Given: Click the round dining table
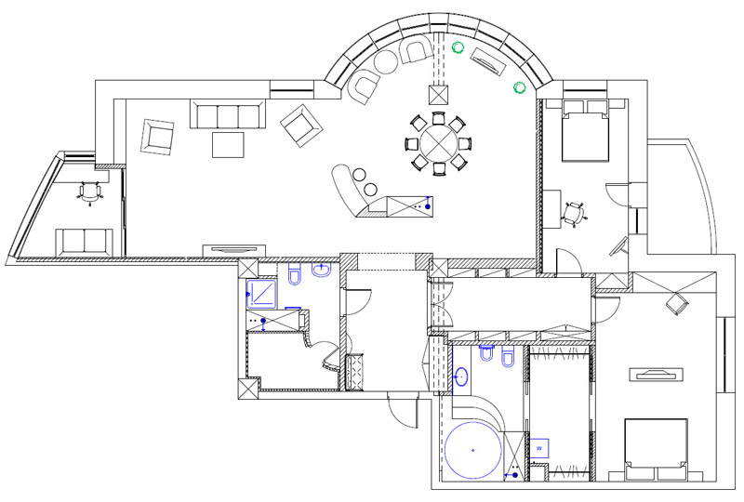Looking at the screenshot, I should [435, 143].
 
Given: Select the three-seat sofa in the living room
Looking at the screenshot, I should [224, 114].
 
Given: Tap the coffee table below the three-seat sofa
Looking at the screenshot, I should [228, 145].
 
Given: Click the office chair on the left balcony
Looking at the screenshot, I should [89, 192].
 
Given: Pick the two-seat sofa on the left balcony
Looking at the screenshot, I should [85, 240].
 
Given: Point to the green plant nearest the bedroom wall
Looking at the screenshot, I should [519, 87].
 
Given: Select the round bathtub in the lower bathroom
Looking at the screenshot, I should [472, 450].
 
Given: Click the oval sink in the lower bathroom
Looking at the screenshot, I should [462, 377].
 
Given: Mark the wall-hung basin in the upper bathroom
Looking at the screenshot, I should [323, 271].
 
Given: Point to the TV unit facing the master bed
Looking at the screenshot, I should [658, 375].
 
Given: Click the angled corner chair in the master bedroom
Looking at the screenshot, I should [676, 303].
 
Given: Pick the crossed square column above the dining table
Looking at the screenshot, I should [438, 94].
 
